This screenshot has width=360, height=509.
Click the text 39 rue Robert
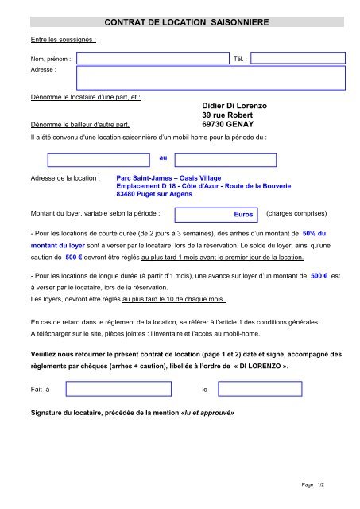pyautogui.click(x=226, y=115)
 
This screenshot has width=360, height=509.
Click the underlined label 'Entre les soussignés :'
pyautogui.click(x=63, y=38)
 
